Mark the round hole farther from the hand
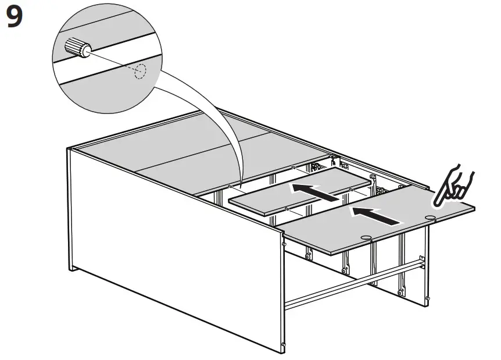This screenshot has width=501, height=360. click(x=366, y=237)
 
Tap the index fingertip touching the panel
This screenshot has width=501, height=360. click(x=437, y=201)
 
